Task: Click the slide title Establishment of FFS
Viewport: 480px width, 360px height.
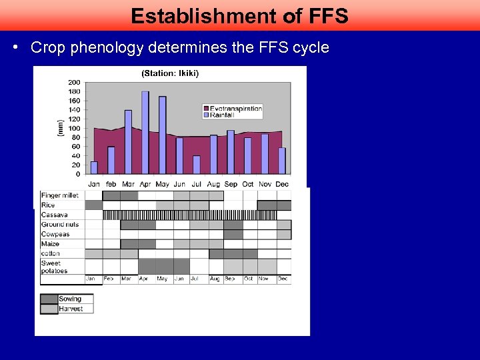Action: coord(239,15)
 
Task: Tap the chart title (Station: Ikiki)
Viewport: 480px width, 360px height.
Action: coord(170,73)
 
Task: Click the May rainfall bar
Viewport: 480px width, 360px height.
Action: coord(162,135)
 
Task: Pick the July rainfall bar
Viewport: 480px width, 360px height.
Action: coord(196,165)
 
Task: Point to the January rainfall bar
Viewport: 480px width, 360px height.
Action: coord(94,167)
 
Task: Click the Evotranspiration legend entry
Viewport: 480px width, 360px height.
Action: coord(233,108)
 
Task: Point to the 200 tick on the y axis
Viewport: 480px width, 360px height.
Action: coord(74,82)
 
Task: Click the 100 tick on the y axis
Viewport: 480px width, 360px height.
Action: coord(74,128)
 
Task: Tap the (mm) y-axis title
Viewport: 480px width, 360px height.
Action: coord(60,128)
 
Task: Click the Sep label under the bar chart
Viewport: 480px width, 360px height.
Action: coord(231,184)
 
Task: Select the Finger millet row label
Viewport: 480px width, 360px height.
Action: coord(60,195)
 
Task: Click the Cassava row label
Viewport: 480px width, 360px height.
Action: coord(55,215)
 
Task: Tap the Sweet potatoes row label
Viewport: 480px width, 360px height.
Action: coord(55,267)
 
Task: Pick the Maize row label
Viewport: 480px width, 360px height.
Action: coord(51,244)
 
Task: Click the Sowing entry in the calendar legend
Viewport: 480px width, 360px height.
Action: coord(70,299)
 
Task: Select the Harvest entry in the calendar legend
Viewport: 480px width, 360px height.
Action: coord(71,309)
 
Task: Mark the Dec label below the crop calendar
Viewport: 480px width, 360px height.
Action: coord(283,279)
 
